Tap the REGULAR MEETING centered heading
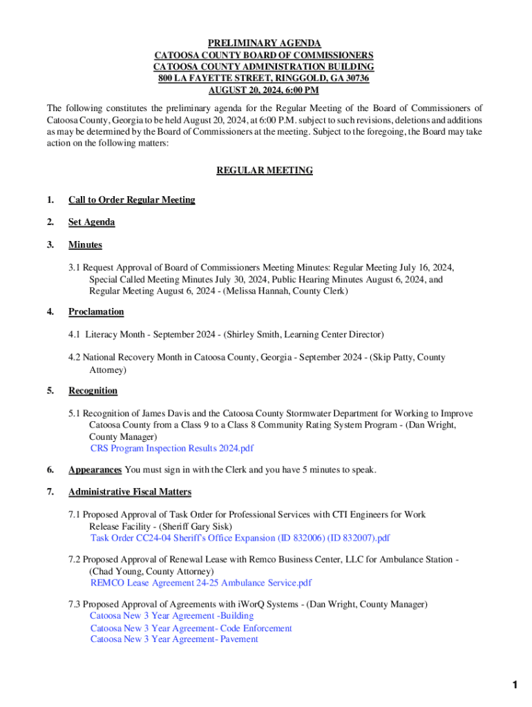[x=265, y=170]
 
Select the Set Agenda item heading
[x=91, y=222]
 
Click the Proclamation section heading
[x=96, y=311]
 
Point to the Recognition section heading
[x=93, y=391]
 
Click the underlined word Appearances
[x=95, y=470]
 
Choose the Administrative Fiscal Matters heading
[x=129, y=492]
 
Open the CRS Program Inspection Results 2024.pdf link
[x=171, y=448]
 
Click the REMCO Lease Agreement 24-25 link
[x=200, y=583]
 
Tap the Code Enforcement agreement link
[x=191, y=628]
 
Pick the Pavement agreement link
[x=174, y=639]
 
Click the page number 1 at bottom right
[x=514, y=685]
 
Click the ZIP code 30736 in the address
[x=355, y=78]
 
